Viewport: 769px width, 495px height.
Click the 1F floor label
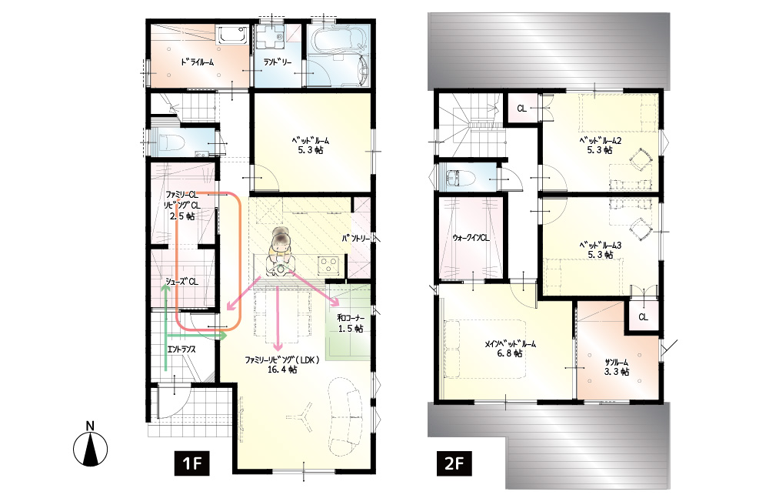(x=191, y=463)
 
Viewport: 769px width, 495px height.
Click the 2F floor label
(x=454, y=463)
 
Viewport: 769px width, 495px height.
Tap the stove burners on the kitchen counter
(x=328, y=266)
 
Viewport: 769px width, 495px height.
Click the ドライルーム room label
(x=197, y=62)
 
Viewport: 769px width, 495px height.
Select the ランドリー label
(x=278, y=62)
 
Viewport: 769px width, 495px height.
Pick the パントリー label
(x=356, y=239)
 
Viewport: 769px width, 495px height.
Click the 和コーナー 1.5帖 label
(x=351, y=323)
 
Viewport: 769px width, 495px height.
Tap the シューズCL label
(x=181, y=282)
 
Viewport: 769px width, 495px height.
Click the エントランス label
(x=181, y=350)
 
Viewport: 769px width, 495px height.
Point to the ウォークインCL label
(x=471, y=238)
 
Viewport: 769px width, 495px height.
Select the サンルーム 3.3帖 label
(x=617, y=367)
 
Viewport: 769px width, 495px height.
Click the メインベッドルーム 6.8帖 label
(x=510, y=349)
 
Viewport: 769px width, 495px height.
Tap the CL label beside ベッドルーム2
(x=522, y=108)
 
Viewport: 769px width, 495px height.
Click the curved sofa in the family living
(x=345, y=416)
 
